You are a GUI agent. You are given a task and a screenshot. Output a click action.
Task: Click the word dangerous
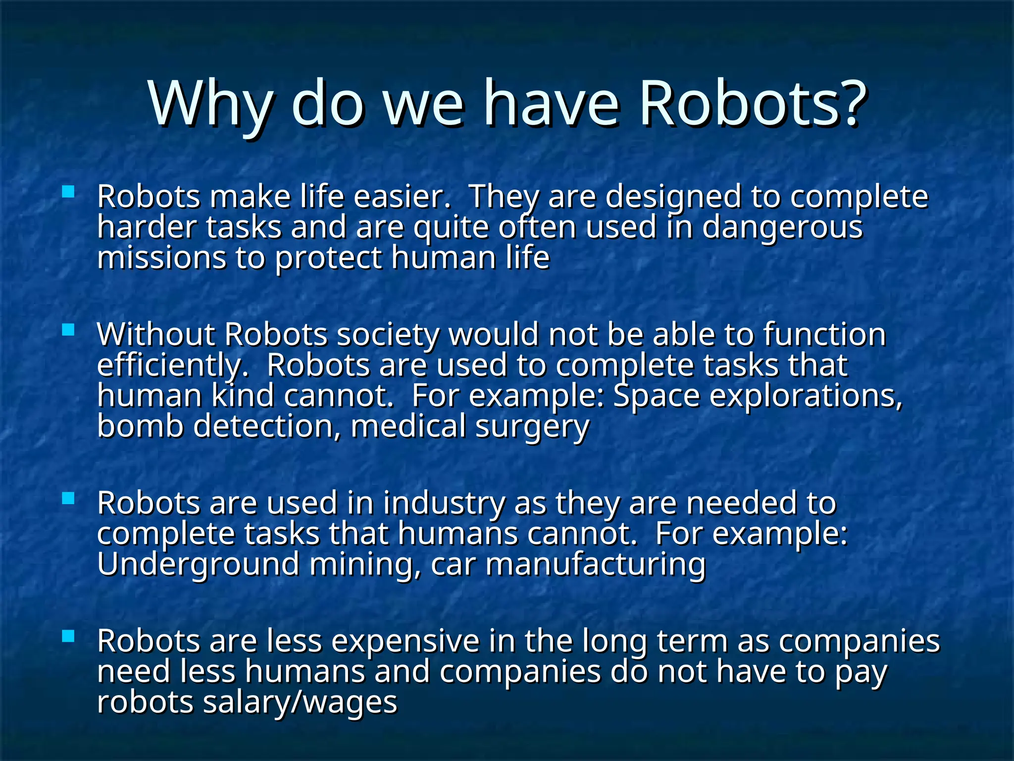coord(782,228)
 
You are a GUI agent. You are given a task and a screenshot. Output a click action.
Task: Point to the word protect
coord(328,259)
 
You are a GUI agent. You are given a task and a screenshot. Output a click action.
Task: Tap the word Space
coord(656,396)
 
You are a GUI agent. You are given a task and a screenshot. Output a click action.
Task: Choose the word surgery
coord(532,428)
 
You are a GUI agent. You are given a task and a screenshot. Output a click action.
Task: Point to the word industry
coord(444,504)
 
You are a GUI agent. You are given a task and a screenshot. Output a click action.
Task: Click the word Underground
coord(198,565)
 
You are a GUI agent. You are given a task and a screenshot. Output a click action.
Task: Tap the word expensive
coord(405,642)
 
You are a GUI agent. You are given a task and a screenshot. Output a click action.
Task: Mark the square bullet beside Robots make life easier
coord(68,192)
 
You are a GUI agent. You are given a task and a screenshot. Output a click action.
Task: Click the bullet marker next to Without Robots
coord(68,329)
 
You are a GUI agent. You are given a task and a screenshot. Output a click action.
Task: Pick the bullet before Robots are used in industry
coord(68,498)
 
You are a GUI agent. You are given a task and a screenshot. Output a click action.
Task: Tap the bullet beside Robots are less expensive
coord(68,636)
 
